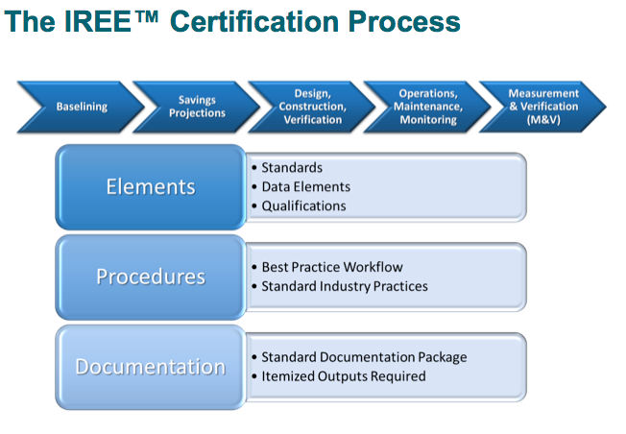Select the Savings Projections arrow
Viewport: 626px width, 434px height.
pyautogui.click(x=197, y=107)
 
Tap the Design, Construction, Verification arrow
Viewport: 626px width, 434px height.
pyautogui.click(x=312, y=107)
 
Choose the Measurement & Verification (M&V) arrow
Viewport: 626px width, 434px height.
pyautogui.click(x=544, y=107)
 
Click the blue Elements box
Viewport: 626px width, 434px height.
pyautogui.click(x=151, y=186)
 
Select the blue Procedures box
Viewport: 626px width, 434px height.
pyautogui.click(x=151, y=277)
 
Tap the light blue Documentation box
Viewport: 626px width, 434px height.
pyautogui.click(x=151, y=367)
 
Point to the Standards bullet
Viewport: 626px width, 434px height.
pyautogui.click(x=292, y=168)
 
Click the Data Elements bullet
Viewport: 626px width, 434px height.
pyautogui.click(x=305, y=186)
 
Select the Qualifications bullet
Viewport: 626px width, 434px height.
pyautogui.click(x=303, y=205)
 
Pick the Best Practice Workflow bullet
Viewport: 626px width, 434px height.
pyautogui.click(x=332, y=267)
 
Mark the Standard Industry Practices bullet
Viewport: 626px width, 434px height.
pyautogui.click(x=345, y=286)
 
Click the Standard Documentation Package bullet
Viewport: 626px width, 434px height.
pyautogui.click(x=364, y=357)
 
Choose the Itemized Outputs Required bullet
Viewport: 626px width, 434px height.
pyautogui.click(x=343, y=376)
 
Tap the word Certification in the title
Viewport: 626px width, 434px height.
pyautogui.click(x=260, y=21)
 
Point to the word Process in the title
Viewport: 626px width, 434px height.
pyautogui.click(x=408, y=21)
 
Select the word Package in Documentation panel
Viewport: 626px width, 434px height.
pyautogui.click(x=441, y=357)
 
